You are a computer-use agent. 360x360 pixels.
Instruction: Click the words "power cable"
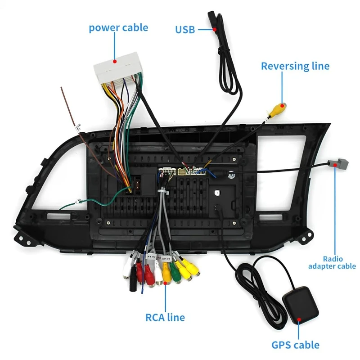118,28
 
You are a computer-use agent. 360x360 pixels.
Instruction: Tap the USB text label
185,30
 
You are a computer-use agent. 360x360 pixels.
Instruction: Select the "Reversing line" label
295,66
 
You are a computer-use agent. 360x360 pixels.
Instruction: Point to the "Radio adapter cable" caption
332,262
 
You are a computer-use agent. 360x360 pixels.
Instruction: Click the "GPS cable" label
295,345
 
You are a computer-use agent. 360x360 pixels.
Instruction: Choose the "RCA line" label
165,318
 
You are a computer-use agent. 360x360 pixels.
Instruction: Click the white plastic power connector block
118,68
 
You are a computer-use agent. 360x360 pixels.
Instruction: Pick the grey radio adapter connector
338,164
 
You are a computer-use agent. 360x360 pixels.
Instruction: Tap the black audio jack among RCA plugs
133,280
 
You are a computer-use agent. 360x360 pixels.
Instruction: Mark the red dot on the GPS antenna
299,319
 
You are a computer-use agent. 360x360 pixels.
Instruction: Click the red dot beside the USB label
215,29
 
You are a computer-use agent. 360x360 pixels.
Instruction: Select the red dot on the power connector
115,61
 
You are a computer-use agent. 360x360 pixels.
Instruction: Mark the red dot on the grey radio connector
335,165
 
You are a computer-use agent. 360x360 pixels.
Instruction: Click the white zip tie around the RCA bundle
163,192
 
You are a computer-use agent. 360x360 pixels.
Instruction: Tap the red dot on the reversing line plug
283,106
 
